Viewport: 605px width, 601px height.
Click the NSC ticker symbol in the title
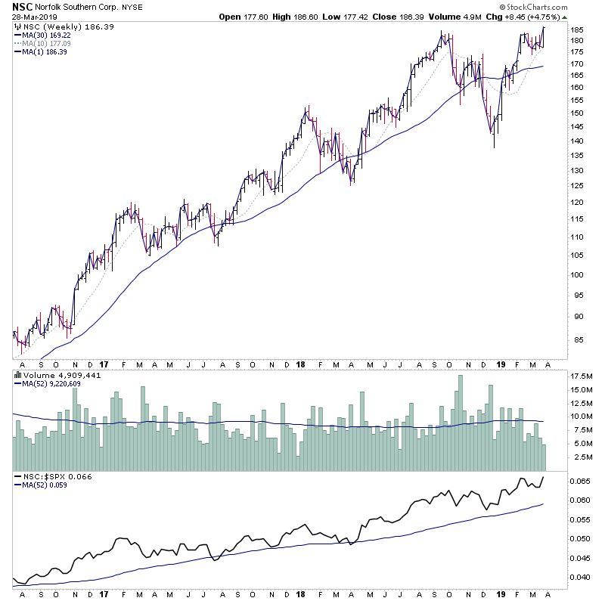pyautogui.click(x=22, y=5)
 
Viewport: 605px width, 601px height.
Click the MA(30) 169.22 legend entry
pyautogui.click(x=50, y=35)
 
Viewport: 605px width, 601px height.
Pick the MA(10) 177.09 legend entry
pyautogui.click(x=50, y=43)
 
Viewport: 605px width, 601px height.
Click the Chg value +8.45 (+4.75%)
pyautogui.click(x=537, y=16)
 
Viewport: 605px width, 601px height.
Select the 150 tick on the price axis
pyautogui.click(x=578, y=113)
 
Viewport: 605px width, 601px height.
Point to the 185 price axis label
pyautogui.click(x=578, y=29)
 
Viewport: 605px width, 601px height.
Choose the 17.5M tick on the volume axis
pyautogui.click(x=581, y=376)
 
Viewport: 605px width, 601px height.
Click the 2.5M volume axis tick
pyautogui.click(x=581, y=457)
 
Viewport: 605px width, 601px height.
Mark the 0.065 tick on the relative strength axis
pyautogui.click(x=580, y=481)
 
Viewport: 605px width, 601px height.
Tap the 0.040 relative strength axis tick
pyautogui.click(x=580, y=578)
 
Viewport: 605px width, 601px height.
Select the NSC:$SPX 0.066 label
pyautogui.click(x=48, y=478)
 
